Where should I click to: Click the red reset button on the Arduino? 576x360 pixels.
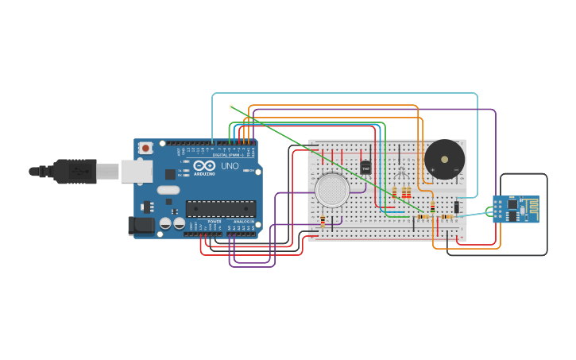[x=146, y=148]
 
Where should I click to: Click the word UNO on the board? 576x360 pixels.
[x=229, y=167]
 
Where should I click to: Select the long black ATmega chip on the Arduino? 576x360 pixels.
[x=221, y=208]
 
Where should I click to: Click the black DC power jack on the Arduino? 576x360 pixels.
[x=141, y=226]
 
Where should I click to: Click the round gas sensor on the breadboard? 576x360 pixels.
[x=332, y=191]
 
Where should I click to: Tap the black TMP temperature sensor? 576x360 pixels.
[x=365, y=168]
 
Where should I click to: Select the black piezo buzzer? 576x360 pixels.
[x=444, y=160]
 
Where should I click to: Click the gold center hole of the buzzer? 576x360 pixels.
[x=444, y=159]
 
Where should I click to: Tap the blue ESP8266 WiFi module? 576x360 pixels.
[x=516, y=209]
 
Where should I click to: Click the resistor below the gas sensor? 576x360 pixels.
[x=323, y=222]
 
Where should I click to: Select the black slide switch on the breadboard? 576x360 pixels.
[x=457, y=207]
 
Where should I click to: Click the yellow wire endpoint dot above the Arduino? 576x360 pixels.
[x=231, y=106]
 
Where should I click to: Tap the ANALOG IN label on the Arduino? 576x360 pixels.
[x=242, y=222]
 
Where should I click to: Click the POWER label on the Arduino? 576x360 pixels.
[x=215, y=222]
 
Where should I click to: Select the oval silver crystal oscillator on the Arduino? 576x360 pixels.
[x=168, y=190]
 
